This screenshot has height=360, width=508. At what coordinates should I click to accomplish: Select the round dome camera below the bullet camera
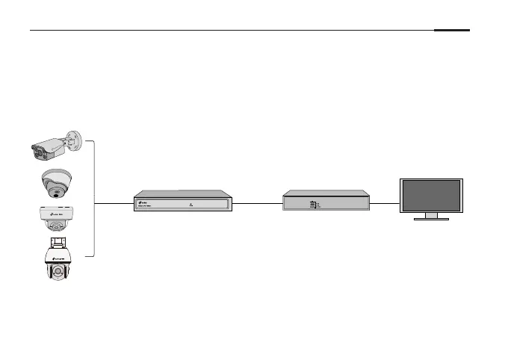coord(58,182)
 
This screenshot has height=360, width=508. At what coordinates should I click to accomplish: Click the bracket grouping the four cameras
coord(93,198)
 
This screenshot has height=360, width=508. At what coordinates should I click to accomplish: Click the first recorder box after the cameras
coord(183,202)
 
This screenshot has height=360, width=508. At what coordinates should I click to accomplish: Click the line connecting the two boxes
coord(258,202)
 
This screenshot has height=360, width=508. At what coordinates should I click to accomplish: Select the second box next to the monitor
coord(326,202)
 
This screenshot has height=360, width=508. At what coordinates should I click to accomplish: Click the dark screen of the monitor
coord(432,195)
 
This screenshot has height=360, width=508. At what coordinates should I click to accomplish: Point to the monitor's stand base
coord(431,218)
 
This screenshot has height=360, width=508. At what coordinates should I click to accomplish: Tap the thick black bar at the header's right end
coord(452,31)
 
